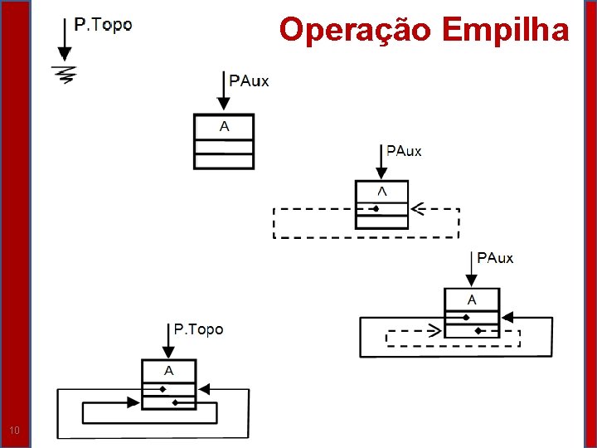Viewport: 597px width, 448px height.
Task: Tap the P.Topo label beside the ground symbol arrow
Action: [x=103, y=25]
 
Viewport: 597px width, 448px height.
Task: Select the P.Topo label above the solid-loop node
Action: [x=198, y=329]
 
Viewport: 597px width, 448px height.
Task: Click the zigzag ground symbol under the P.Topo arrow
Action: [x=64, y=74]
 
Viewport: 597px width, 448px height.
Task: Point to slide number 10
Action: [x=14, y=430]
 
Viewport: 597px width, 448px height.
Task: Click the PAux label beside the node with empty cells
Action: [x=249, y=80]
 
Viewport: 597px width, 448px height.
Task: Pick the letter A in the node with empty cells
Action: [x=224, y=126]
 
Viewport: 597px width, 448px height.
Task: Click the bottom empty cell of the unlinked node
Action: [x=224, y=160]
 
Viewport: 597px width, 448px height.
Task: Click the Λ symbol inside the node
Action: [x=381, y=191]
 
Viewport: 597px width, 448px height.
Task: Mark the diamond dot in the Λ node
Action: [x=376, y=209]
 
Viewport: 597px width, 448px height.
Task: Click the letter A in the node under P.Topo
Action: [x=168, y=370]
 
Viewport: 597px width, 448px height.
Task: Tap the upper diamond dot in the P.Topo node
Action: [x=163, y=388]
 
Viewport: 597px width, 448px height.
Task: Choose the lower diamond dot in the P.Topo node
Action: [x=175, y=402]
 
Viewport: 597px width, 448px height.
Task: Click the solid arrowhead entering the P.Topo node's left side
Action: [x=133, y=402]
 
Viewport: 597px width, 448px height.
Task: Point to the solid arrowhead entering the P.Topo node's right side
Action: [x=204, y=387]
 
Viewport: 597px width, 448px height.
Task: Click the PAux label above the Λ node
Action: [x=404, y=151]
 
